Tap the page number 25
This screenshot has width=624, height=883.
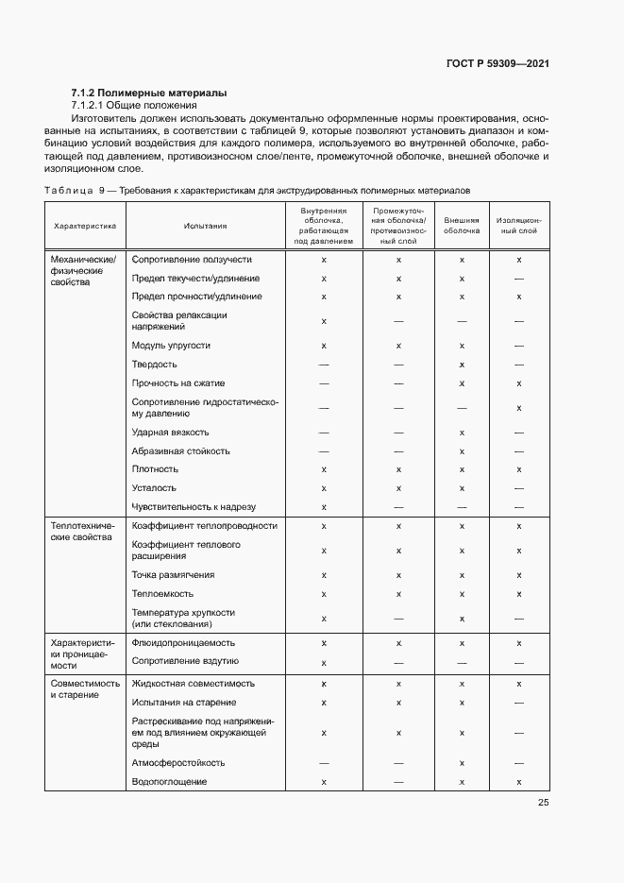coord(543,802)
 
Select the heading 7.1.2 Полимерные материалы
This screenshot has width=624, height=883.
coord(149,93)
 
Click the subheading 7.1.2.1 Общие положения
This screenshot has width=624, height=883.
coord(130,105)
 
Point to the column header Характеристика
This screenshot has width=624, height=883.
coord(85,227)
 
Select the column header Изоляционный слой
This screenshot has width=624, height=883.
coord(519,227)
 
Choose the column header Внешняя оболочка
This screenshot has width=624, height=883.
coord(462,227)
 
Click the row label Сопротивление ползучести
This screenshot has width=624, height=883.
coord(192,259)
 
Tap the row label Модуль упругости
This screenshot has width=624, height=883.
coord(171,346)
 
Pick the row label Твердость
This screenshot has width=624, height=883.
coord(154,365)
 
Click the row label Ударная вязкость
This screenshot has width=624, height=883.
coord(171,433)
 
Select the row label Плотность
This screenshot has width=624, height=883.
coord(155,469)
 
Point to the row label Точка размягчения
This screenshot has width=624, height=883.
coord(173,575)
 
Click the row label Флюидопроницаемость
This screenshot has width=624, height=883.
coord(184,643)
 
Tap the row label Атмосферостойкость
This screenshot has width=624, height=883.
coord(177,763)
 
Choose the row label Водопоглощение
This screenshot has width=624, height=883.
coord(169,782)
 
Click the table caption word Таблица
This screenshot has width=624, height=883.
coord(67,191)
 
